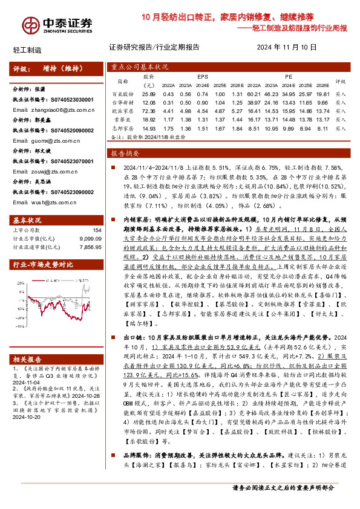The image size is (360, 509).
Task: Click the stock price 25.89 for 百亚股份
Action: [149, 95]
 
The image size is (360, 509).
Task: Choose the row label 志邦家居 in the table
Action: [123, 129]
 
